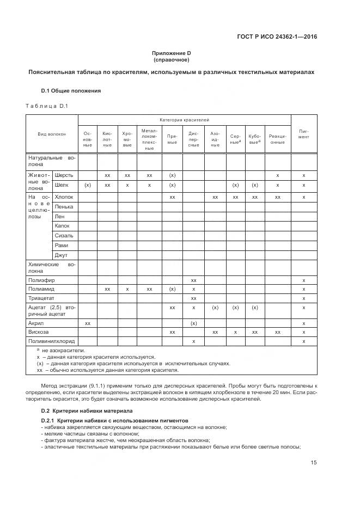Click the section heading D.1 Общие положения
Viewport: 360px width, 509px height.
pos(71,90)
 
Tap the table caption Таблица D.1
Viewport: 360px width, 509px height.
pos(46,106)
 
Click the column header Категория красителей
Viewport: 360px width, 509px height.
pos(184,119)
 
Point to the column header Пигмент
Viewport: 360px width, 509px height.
pos(303,133)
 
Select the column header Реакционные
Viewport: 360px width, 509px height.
pos(277,139)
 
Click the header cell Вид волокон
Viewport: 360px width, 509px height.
pos(52,133)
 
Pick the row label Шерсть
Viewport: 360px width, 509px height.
pos(64,175)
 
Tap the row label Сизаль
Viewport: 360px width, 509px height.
pos(64,235)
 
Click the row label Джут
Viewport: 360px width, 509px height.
pos(61,255)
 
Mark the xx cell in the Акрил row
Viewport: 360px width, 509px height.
pos(88,323)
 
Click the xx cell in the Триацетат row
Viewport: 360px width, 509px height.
pos(193,298)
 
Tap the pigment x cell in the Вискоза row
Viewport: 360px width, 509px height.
pos(303,332)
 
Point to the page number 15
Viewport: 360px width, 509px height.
pos(314,463)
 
